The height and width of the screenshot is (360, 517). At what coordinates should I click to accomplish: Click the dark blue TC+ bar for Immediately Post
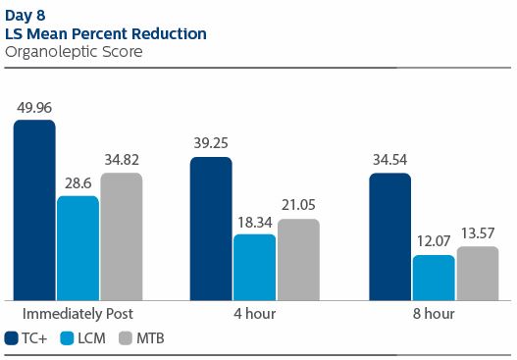34,210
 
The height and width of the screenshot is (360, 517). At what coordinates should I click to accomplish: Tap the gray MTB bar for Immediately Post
121,236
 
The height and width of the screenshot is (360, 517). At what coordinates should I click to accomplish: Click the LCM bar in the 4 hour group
254,267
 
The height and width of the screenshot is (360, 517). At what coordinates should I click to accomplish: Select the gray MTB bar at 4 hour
298,260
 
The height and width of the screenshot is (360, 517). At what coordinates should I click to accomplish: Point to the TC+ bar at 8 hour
389,236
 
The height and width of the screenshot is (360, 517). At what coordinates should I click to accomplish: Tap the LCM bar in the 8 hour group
433,278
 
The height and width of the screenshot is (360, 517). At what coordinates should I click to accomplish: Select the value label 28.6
78,183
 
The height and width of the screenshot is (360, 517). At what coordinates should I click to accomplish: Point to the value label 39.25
211,145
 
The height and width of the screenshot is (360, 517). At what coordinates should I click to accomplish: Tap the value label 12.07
433,242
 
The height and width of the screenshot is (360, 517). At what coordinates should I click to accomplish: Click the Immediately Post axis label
78,313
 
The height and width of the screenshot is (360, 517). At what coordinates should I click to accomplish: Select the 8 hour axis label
433,313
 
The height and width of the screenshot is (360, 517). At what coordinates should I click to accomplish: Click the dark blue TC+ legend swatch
12,338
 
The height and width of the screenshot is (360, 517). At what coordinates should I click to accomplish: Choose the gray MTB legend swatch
126,338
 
